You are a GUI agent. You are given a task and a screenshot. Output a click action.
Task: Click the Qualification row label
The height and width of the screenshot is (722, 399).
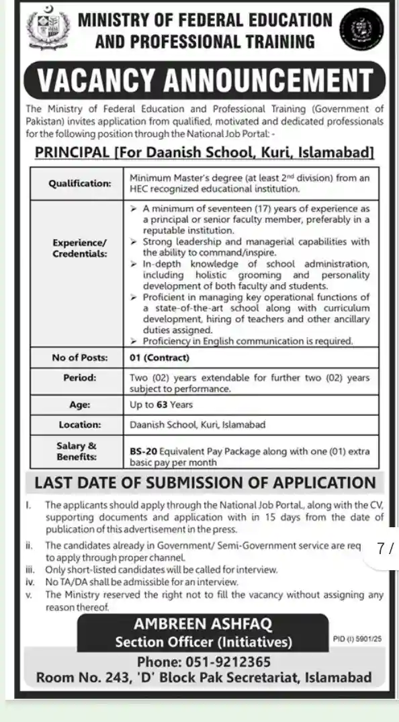[80, 182]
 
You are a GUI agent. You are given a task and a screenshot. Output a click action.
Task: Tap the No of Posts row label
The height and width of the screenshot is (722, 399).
[80, 357]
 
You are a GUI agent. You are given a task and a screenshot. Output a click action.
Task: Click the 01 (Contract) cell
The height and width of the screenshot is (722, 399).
[160, 357]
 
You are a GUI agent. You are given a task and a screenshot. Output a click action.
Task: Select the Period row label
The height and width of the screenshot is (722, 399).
[80, 378]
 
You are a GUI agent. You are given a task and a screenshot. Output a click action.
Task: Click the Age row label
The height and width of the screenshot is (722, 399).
[80, 404]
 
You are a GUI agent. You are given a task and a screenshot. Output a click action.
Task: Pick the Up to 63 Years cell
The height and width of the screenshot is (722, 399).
[161, 404]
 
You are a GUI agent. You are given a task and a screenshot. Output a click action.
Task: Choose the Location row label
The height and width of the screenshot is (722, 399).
[80, 424]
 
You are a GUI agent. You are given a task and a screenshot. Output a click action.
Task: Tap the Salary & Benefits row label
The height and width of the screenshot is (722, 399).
[80, 451]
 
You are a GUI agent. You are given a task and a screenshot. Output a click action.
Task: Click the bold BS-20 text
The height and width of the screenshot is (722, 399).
[143, 451]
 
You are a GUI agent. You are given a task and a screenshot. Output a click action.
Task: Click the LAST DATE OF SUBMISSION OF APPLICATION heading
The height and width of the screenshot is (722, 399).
[205, 483]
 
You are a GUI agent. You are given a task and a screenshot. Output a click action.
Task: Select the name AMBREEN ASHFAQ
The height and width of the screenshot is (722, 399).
[204, 625]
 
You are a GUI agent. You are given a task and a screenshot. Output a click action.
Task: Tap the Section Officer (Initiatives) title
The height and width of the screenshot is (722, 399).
[204, 642]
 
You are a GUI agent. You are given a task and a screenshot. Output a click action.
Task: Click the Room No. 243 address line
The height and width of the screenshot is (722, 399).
[204, 677]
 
